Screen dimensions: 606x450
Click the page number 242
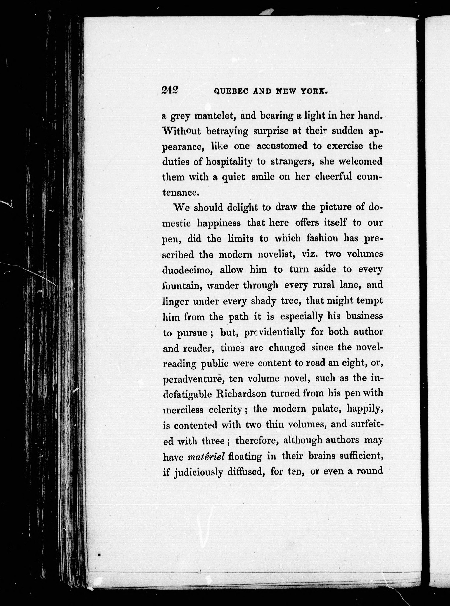[x=169, y=90]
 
